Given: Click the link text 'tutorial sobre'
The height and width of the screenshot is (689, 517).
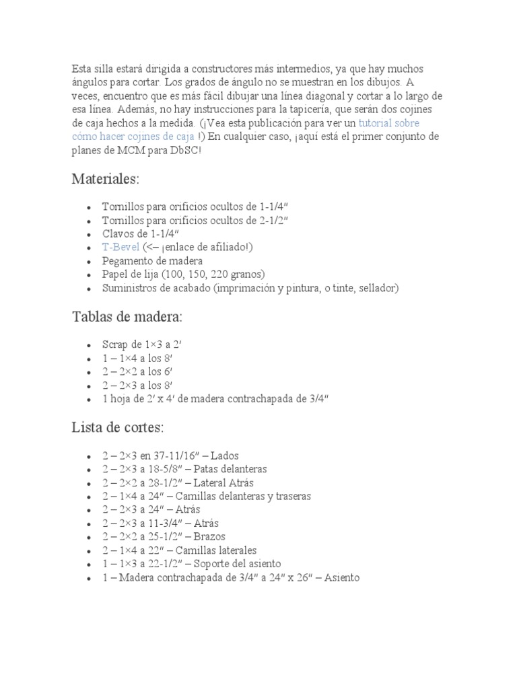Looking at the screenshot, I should point(388,123).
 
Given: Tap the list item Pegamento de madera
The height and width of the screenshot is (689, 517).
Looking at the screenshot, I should point(153,260).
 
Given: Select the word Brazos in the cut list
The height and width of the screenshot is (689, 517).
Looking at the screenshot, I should point(209,537).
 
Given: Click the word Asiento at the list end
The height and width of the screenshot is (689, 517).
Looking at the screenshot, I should point(343,577).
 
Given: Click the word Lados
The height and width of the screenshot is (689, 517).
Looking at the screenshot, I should point(225,456).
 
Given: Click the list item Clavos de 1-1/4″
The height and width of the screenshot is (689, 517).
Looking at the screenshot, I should point(141,233).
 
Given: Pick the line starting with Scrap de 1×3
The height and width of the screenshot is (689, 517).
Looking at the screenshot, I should point(142,344).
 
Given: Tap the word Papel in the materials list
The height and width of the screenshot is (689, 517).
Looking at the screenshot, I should point(114,274).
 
